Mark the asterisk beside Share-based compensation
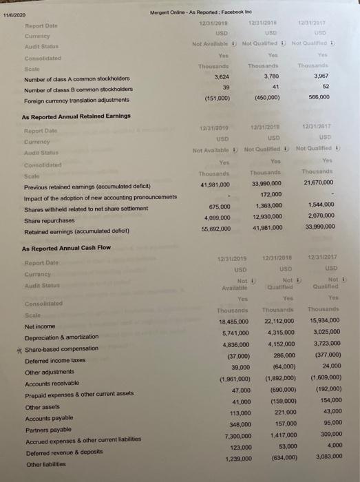click(19, 349)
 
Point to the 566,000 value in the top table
click(318, 98)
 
